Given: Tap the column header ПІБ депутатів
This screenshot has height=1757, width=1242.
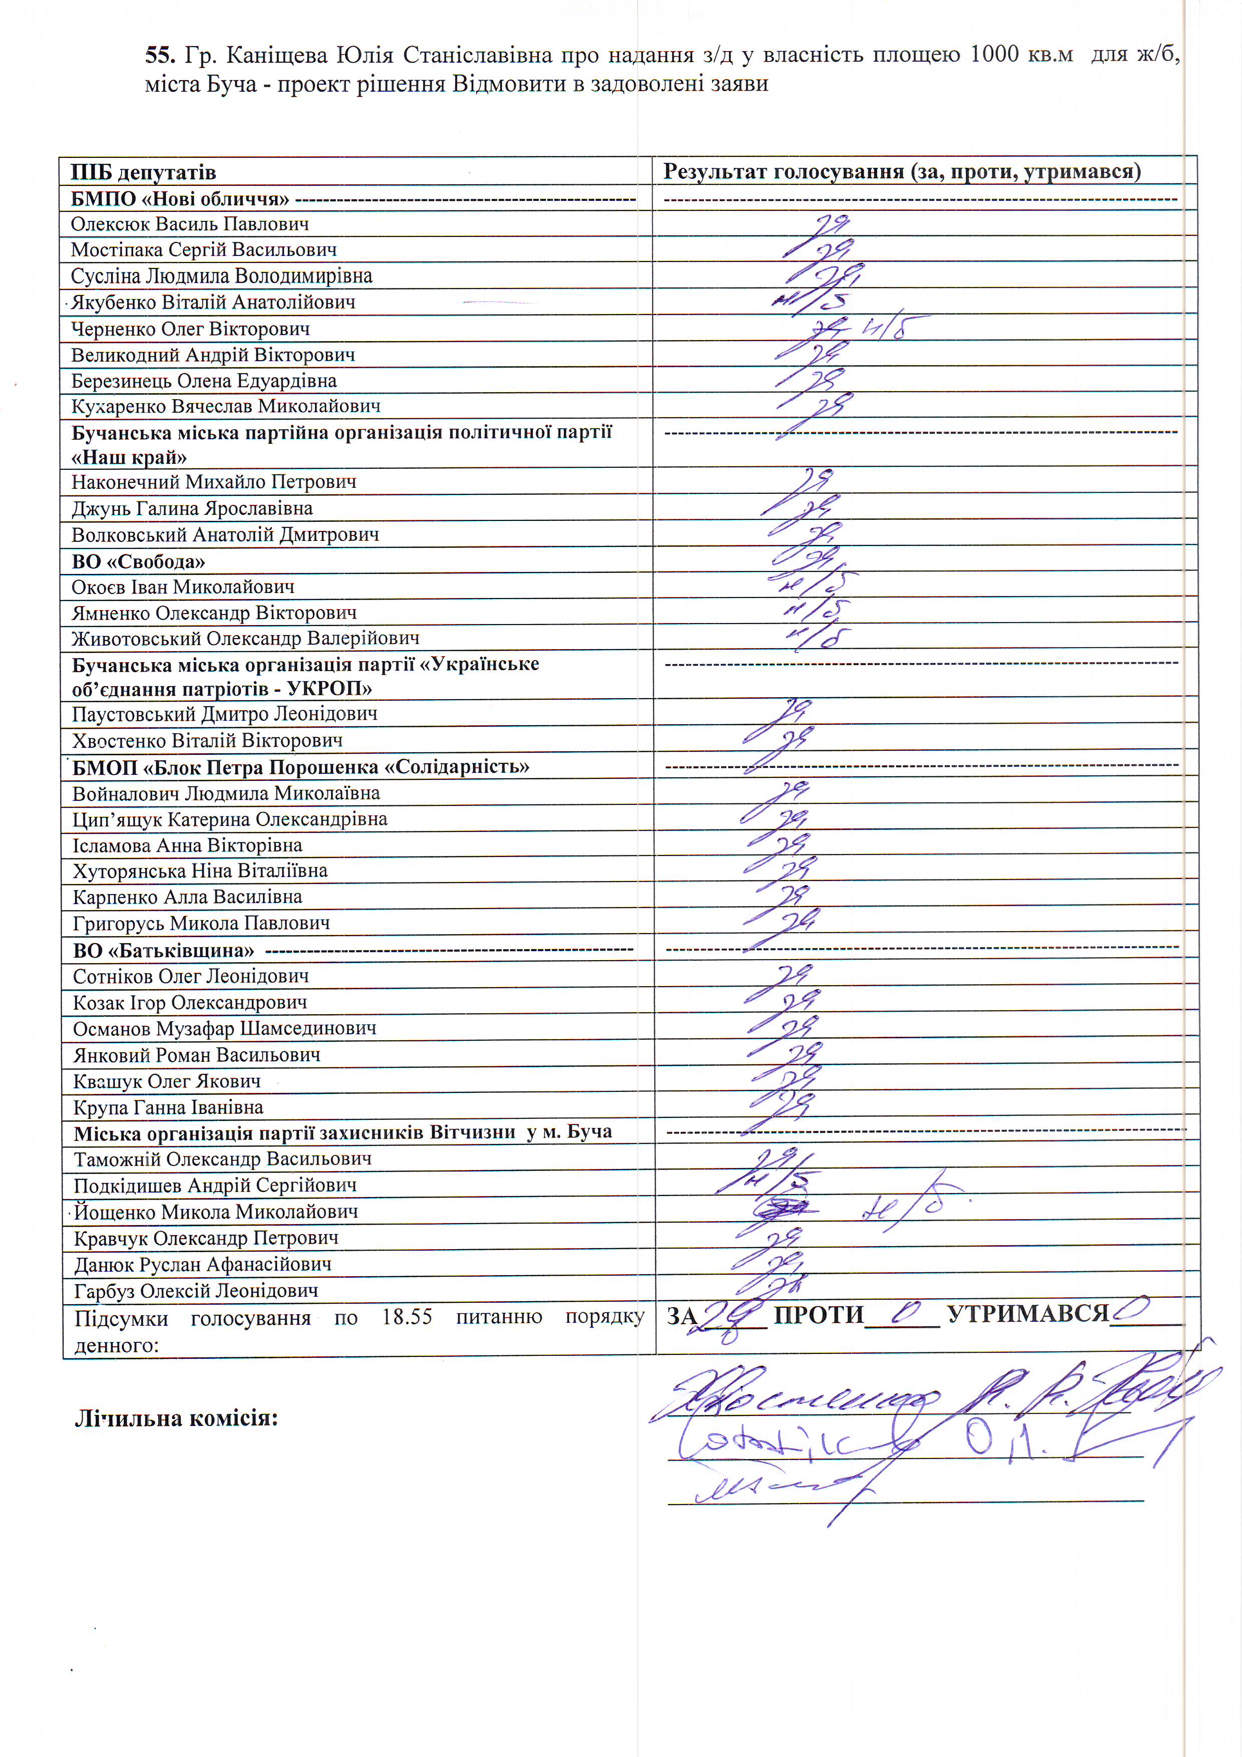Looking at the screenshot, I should [x=143, y=173].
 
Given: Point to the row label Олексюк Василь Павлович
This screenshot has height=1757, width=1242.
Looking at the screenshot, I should [x=190, y=224].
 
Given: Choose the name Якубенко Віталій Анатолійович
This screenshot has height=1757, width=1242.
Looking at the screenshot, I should [x=213, y=303].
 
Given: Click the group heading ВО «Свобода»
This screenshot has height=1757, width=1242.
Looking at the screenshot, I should [x=139, y=561].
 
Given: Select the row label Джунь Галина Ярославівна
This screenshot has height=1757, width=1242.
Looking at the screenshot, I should [x=192, y=509].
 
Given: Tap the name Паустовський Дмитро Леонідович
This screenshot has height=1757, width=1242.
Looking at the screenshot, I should [x=224, y=714].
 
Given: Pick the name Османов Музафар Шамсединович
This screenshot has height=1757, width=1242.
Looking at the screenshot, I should [x=224, y=1028].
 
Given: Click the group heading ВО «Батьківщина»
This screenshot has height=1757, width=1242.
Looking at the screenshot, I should [x=164, y=951].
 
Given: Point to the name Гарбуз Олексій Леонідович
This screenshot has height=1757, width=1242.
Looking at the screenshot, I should [x=196, y=1291].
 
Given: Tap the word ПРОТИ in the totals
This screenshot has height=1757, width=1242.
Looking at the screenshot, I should [x=818, y=1315].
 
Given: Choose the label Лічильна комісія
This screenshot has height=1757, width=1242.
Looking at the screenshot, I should [x=175, y=1419].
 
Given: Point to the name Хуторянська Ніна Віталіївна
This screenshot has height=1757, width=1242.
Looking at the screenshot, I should [x=200, y=871].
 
